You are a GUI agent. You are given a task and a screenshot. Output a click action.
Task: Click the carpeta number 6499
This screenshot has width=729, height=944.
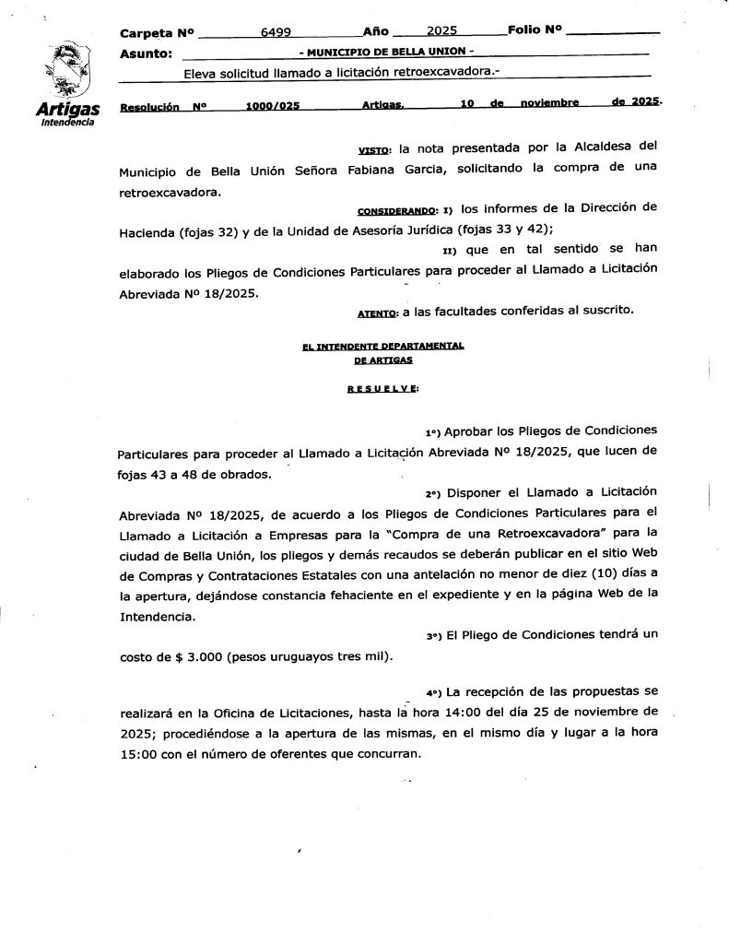pos(276,31)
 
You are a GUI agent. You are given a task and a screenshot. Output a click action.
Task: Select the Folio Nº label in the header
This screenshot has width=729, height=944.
pos(535,29)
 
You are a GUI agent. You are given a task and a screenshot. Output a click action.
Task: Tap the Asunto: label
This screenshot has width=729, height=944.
pos(147,53)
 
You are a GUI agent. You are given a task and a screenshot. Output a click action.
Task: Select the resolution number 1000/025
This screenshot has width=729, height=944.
pos(273,106)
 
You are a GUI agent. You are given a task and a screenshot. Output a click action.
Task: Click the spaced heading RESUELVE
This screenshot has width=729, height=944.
pos(382,388)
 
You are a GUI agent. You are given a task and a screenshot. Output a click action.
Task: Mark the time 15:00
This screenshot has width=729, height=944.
pos(139,753)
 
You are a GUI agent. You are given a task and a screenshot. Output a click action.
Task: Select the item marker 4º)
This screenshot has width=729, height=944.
pos(435,691)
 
